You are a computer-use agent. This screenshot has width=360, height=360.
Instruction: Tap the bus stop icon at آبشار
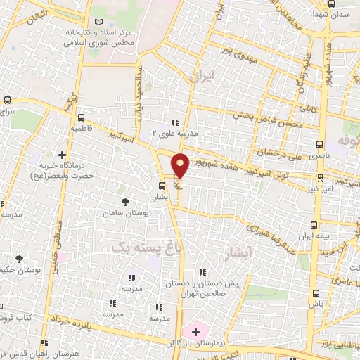[x=162, y=186]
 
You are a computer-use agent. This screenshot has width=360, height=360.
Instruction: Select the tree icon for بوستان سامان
[x=125, y=202]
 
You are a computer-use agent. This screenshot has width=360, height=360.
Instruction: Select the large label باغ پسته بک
[x=146, y=247]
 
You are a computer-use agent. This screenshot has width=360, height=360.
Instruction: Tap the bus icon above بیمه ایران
[x=314, y=226]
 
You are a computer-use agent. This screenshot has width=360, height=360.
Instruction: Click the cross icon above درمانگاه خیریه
[x=63, y=155]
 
